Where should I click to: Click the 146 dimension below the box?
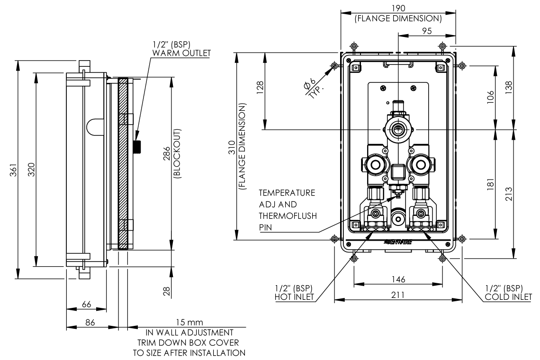(397, 280)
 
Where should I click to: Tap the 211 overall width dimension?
(397, 295)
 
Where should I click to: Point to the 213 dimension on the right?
(509, 194)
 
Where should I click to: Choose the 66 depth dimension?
(86, 305)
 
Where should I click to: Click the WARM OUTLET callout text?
(181, 53)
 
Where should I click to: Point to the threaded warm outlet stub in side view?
(138, 146)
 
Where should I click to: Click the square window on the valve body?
(397, 171)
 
